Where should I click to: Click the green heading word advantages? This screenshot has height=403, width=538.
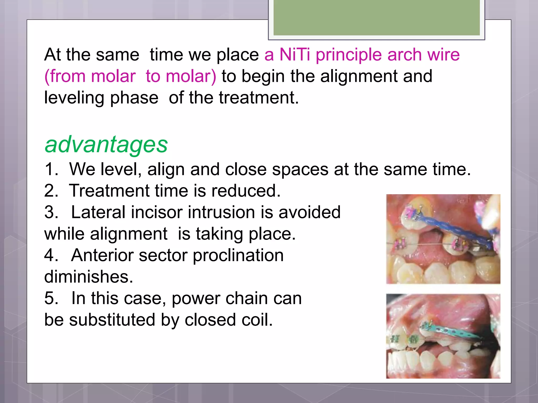pos(106,145)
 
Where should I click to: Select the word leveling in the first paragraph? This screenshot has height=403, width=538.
pos(74,98)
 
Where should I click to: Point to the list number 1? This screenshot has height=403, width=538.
pos(51,169)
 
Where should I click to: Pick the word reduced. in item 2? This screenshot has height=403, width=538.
pos(246,191)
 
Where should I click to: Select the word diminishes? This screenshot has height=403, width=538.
pos(89,277)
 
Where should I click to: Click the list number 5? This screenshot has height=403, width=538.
pos(51,298)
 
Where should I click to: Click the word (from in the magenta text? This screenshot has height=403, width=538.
pos(65,76)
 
